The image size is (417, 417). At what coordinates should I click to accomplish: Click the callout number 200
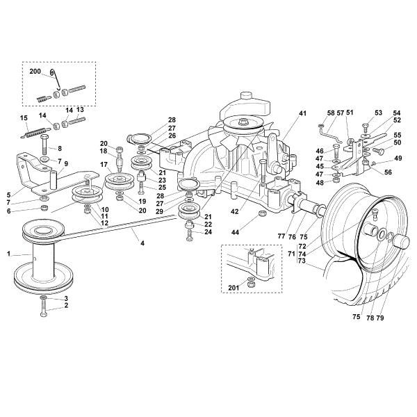[35, 71]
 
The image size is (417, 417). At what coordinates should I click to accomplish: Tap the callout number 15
[24, 117]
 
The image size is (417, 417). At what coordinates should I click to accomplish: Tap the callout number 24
[208, 232]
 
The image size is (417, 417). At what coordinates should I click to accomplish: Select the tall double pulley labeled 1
[42, 257]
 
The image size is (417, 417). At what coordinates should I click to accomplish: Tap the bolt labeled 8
[43, 149]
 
